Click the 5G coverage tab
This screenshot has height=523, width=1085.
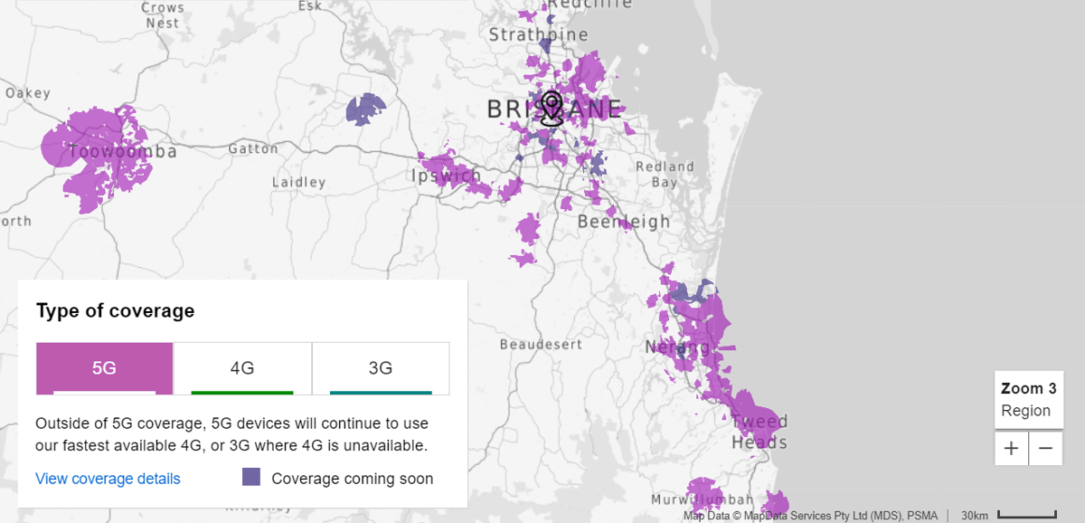coord(104,368)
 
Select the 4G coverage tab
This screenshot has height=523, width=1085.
coord(242,368)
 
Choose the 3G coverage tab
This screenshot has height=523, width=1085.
coord(381,368)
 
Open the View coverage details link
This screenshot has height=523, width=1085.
coord(108,479)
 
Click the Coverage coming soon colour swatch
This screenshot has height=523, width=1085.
coord(251,478)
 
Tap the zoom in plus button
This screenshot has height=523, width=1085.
coord(1011,448)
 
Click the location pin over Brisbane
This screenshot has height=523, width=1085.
coord(552,109)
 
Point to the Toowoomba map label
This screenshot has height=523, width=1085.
coord(122,151)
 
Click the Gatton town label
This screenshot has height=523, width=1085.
coord(253,148)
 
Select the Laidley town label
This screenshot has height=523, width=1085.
coord(298,183)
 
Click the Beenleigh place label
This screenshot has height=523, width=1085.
coord(624,222)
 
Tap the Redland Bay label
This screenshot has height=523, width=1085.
coord(665,175)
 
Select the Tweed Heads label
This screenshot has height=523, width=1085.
coord(759,433)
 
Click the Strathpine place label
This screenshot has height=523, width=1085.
coord(538,35)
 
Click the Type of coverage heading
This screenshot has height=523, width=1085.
coord(115,311)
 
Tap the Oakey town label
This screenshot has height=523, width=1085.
coord(28,93)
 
